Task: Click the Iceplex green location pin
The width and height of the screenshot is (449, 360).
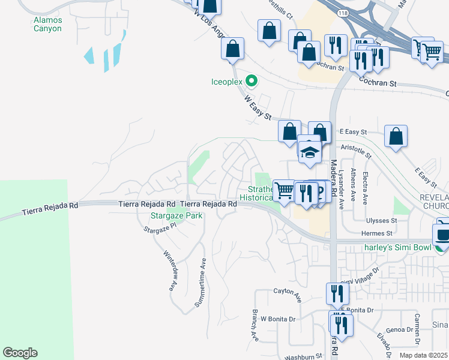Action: (x=253, y=80)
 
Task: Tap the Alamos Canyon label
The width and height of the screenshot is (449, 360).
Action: (x=47, y=24)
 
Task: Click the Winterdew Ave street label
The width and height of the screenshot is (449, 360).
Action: (x=170, y=270)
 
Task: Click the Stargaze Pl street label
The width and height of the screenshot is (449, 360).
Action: (x=162, y=228)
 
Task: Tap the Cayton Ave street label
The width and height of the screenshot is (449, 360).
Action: (x=288, y=292)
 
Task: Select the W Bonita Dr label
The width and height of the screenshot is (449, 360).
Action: (x=279, y=319)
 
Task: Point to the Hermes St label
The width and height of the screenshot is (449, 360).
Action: (x=376, y=233)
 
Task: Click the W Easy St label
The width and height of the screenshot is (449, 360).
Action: (x=259, y=106)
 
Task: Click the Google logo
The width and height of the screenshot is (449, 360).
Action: (x=20, y=353)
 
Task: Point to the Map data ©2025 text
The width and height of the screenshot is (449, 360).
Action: (x=423, y=355)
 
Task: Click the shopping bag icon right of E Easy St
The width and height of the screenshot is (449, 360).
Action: (x=396, y=136)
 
